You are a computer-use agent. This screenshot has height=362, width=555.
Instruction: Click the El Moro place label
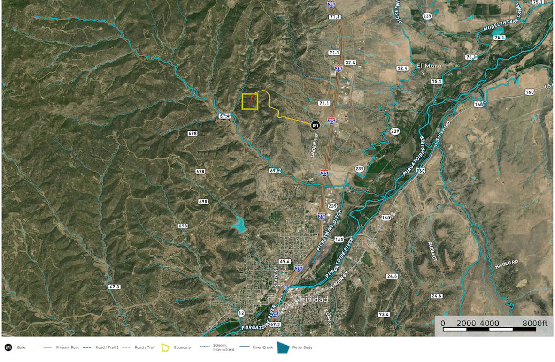[x=429, y=66]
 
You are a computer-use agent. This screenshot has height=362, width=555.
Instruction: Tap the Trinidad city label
[x=313, y=299]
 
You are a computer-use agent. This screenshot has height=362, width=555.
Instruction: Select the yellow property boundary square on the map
[x=250, y=102]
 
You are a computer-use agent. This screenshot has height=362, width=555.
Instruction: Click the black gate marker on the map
[x=315, y=125]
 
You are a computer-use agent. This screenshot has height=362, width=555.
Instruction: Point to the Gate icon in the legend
[x=8, y=347]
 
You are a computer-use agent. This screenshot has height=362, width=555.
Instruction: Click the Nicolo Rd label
[x=506, y=265]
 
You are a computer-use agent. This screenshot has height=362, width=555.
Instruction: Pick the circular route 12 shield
[x=241, y=313]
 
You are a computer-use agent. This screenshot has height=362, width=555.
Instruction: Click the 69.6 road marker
[x=285, y=261]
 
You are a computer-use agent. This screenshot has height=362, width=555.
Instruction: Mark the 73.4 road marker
[x=384, y=314]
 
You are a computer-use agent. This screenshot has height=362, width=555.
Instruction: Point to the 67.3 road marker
[x=114, y=287]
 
